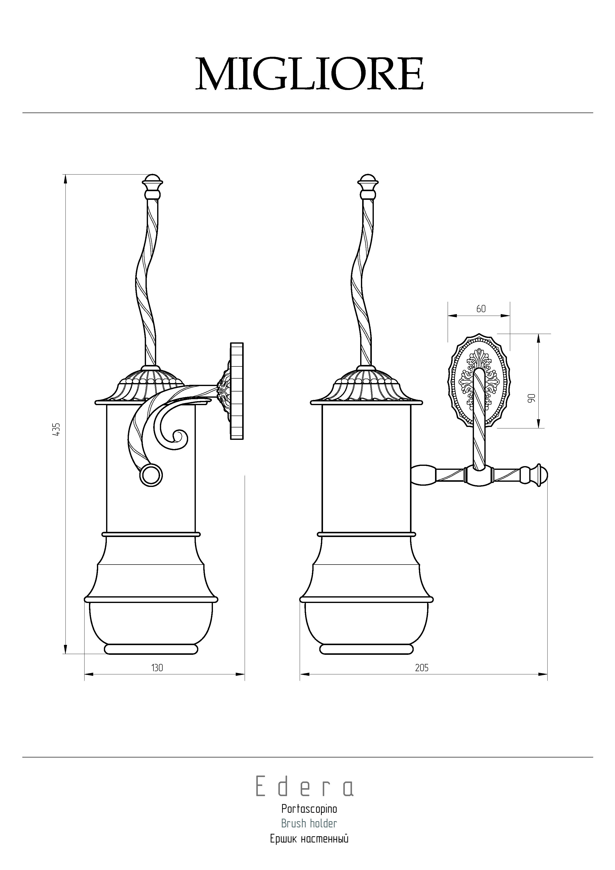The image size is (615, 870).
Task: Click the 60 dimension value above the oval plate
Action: pos(481,309)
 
